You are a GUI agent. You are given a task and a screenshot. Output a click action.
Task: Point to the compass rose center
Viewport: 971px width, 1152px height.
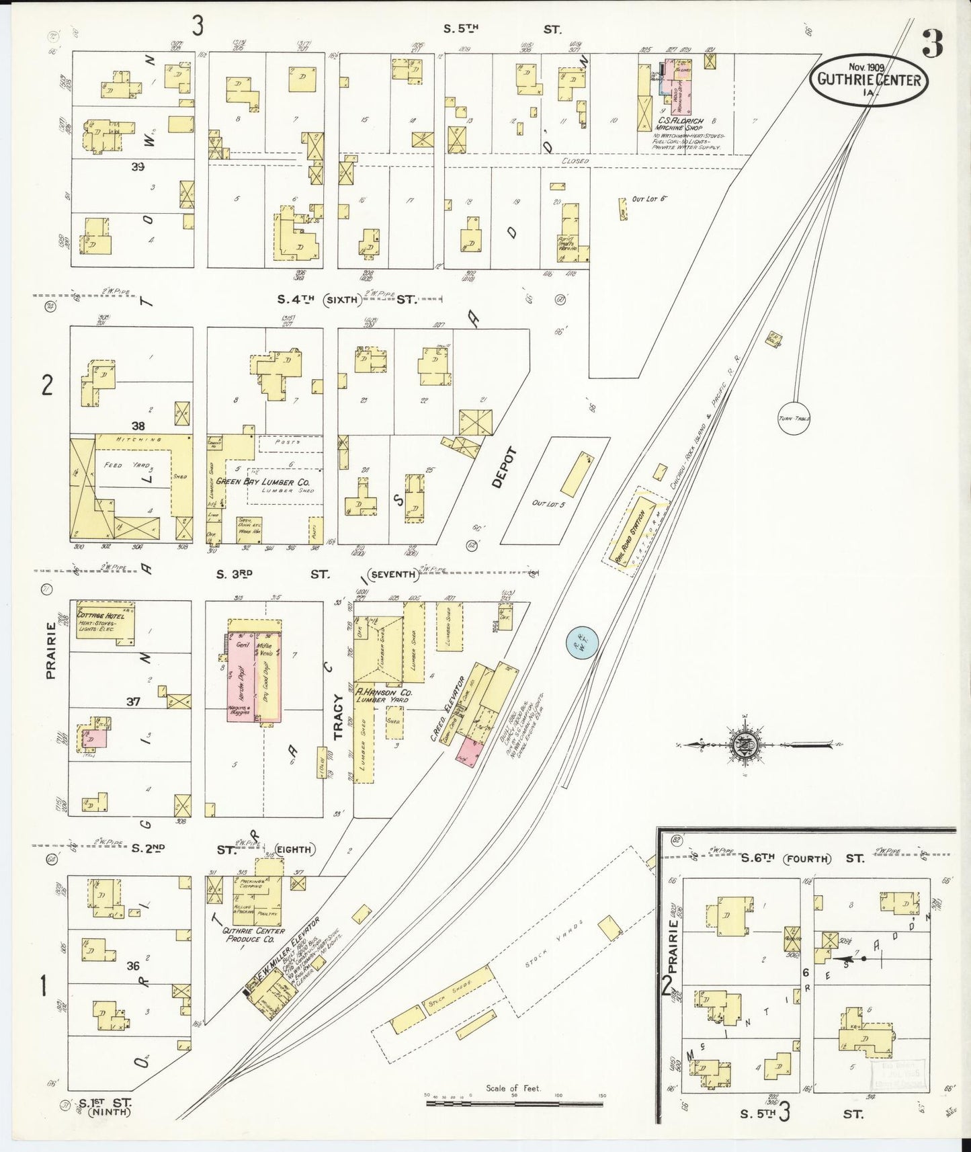pos(747,745)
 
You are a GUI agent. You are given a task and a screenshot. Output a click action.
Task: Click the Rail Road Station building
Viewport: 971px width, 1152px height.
pos(634,529)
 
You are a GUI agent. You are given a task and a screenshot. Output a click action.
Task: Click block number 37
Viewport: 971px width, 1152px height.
pos(133,701)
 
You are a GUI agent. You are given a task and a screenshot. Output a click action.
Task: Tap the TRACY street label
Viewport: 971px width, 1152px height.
pos(339,716)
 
